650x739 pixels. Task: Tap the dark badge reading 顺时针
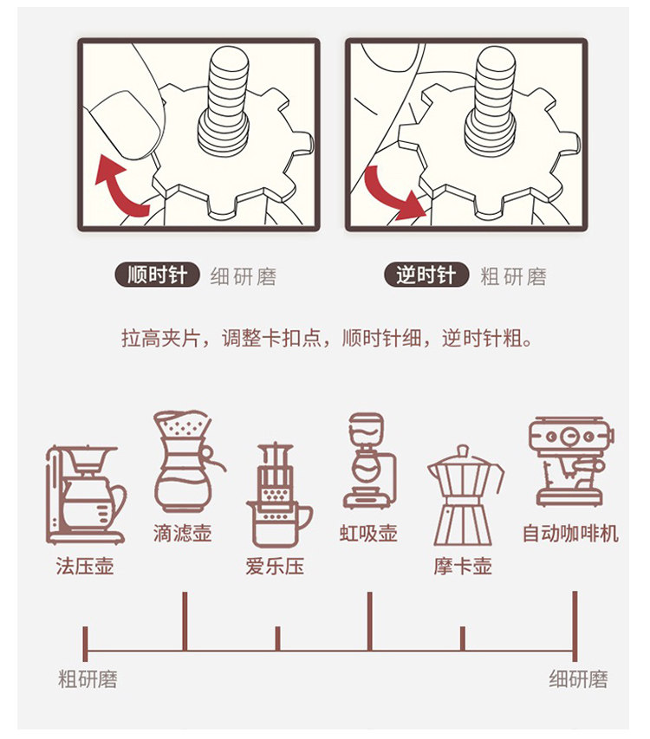coord(157,276)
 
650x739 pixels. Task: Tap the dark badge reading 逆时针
coord(426,276)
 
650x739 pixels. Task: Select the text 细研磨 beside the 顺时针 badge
coord(244,277)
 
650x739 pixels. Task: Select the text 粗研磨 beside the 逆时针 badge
coord(513,277)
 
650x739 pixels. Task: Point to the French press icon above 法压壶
coord(85,494)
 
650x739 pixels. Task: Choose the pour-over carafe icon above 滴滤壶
coord(185,463)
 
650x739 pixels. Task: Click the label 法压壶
coord(85,567)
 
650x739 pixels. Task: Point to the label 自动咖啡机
coord(569,534)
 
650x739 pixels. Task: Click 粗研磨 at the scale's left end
coord(88,679)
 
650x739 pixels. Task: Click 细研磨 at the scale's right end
coord(578,679)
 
